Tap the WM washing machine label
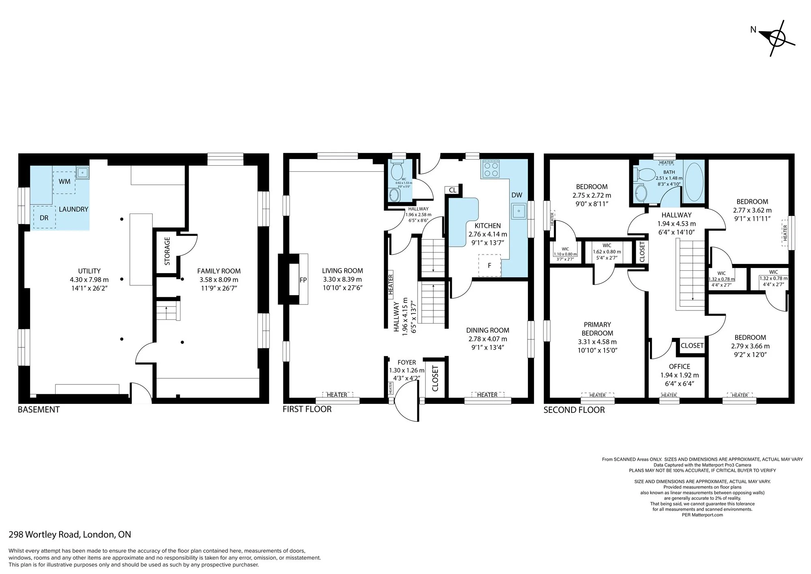coord(64,181)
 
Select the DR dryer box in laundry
coord(44,217)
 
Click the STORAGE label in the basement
coord(167,251)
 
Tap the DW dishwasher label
coord(517,195)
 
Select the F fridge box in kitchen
coord(490,265)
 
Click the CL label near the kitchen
coord(453,190)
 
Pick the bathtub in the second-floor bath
coord(694,182)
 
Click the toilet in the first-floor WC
coord(396,171)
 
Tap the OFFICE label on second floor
coord(679,367)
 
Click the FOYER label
coord(406,363)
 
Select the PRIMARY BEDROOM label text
coord(597,329)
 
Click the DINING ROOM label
coord(487,330)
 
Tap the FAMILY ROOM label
coord(219,271)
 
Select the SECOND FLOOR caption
coord(574,410)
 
